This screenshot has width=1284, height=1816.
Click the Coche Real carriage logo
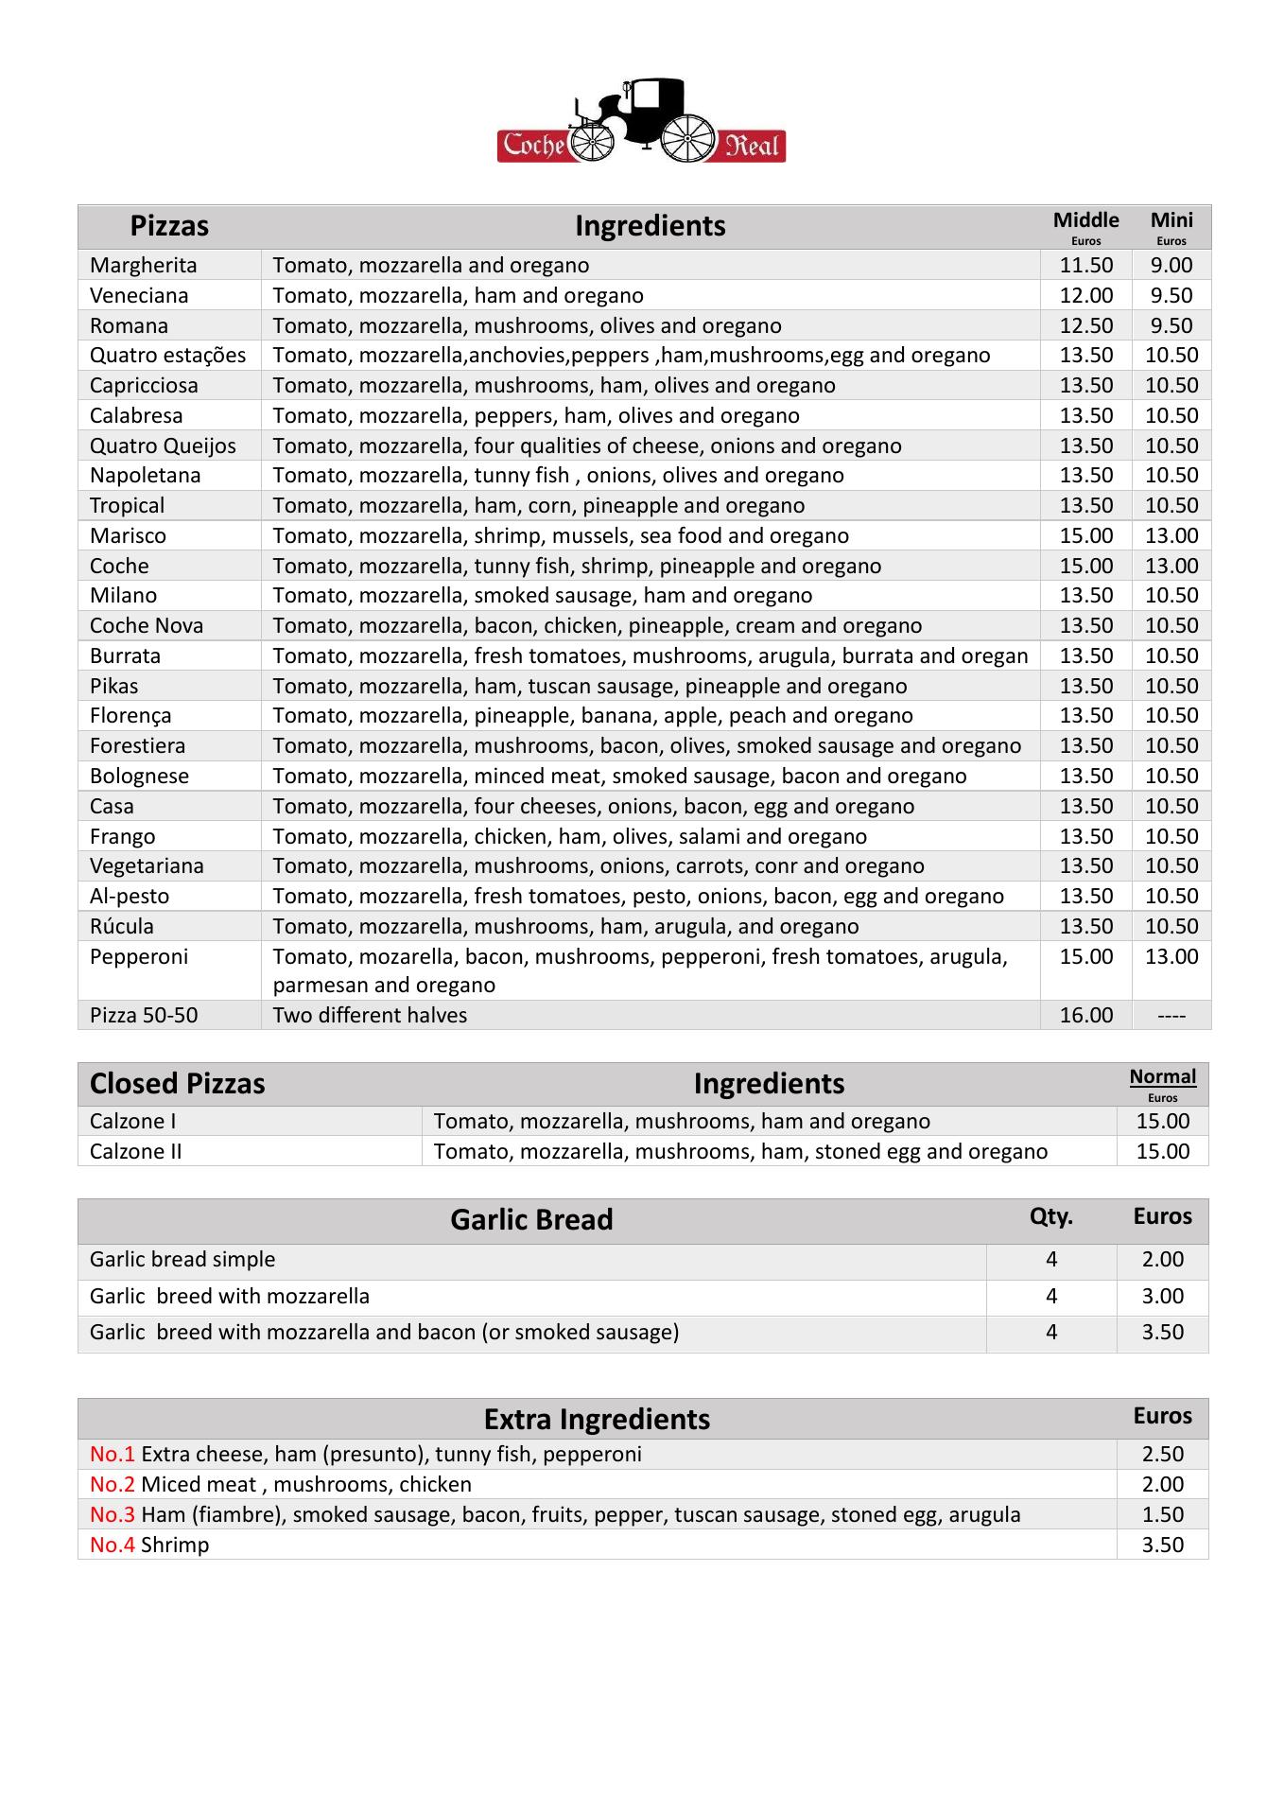tap(641, 122)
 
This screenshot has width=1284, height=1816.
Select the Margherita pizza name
tap(144, 266)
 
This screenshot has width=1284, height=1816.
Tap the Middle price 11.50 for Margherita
tap(1085, 266)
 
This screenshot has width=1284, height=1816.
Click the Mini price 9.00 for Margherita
tap(1171, 266)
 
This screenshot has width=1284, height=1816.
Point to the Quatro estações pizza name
tap(167, 356)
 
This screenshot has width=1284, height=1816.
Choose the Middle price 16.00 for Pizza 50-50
tap(1085, 1016)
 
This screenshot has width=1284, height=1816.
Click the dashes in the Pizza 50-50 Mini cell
tap(1171, 1016)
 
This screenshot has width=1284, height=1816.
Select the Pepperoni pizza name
tap(139, 957)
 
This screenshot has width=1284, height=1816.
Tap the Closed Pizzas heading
tap(177, 1084)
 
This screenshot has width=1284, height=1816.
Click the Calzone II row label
tap(135, 1152)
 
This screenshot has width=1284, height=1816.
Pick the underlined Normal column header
tap(1162, 1077)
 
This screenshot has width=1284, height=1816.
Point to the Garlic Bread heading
tap(531, 1220)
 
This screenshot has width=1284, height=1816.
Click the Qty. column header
tap(1050, 1217)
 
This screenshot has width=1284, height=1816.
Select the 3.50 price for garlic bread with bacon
tap(1162, 1333)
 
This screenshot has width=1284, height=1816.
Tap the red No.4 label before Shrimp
tap(113, 1545)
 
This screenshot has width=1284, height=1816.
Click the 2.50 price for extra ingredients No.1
tap(1162, 1455)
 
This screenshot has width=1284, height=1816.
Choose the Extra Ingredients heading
tap(597, 1420)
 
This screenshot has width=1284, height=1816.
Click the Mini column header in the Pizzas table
tap(1171, 221)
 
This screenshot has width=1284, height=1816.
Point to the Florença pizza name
tap(130, 716)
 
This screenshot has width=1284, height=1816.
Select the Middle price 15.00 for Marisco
tap(1085, 536)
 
